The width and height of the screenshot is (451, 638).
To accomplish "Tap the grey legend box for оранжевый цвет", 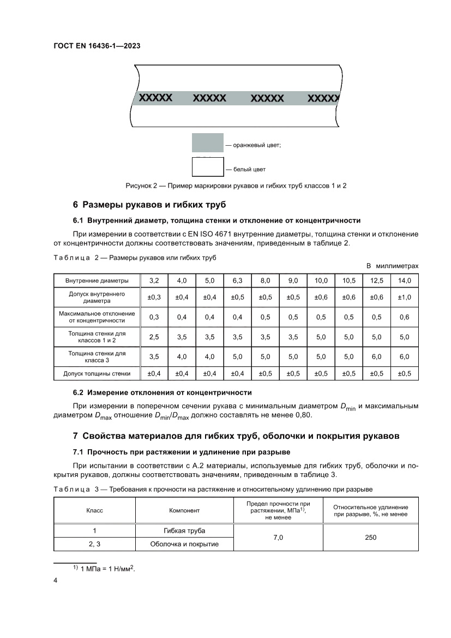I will click(x=207, y=142).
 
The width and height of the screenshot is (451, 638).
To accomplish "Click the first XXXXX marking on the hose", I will click(x=156, y=98).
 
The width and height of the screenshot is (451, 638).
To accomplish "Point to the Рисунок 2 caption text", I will click(x=236, y=186).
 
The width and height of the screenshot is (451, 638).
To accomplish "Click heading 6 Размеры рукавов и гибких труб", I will click(x=149, y=205).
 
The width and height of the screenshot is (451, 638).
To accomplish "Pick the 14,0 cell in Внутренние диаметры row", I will click(x=404, y=281).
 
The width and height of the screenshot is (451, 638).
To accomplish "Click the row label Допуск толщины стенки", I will click(x=97, y=374).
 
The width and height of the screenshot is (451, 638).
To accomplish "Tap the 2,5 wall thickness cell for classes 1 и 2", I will click(x=154, y=337).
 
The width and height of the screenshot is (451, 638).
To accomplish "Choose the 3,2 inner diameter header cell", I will click(x=154, y=281).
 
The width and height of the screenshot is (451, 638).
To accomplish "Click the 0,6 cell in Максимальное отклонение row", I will click(x=404, y=317).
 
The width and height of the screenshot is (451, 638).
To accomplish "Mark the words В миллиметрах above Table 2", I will click(x=392, y=266).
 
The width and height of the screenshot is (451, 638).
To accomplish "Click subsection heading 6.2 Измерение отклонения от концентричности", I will click(x=162, y=392).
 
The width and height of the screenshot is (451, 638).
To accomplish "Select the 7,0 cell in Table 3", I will click(x=278, y=538).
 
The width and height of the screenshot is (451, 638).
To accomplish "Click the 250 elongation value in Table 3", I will click(x=371, y=538).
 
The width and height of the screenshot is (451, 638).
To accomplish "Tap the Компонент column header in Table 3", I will click(x=184, y=511).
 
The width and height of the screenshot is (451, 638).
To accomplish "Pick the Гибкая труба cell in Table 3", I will click(x=184, y=531).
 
